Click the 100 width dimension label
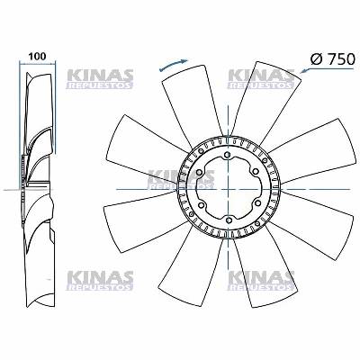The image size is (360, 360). click(x=37, y=55)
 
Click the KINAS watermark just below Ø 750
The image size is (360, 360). click(x=262, y=78)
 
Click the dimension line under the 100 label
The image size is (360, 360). click(x=37, y=65)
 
